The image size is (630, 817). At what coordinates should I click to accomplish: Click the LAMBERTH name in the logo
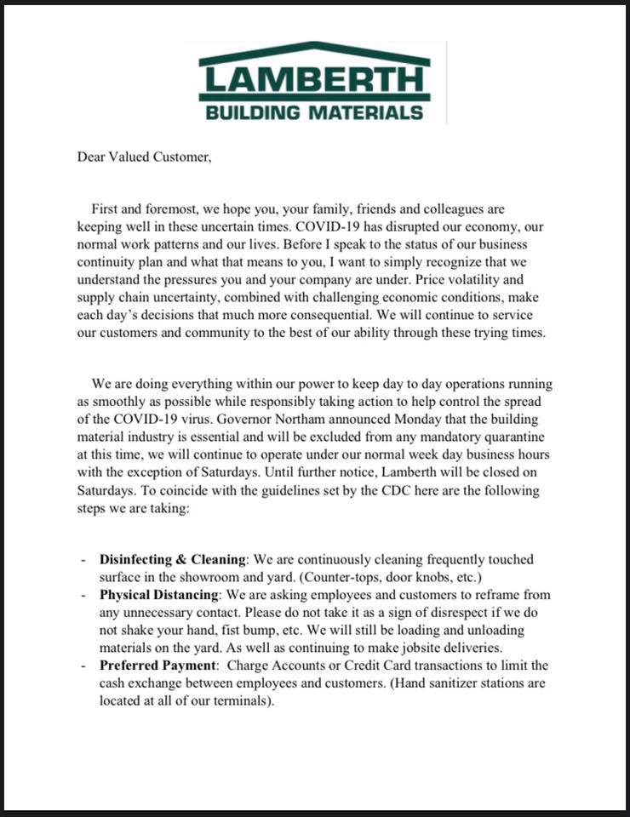point(314,81)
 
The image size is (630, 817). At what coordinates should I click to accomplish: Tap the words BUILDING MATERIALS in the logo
point(314,112)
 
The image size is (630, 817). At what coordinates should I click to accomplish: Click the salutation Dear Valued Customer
point(143,156)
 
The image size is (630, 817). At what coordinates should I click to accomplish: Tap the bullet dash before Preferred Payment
point(83,666)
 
